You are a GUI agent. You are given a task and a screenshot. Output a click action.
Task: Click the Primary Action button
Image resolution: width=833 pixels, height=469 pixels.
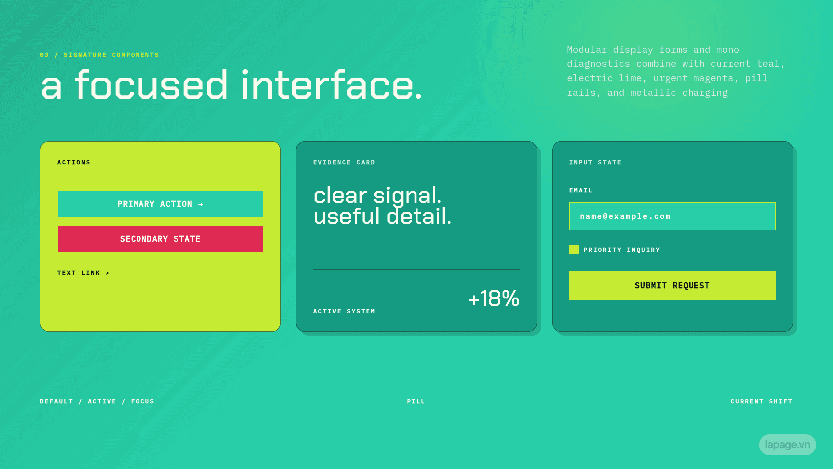tap(160, 204)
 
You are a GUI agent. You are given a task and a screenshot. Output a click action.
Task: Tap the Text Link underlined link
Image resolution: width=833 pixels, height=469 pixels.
tap(83, 273)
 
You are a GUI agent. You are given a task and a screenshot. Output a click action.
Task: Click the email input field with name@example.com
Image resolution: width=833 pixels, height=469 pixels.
tap(673, 216)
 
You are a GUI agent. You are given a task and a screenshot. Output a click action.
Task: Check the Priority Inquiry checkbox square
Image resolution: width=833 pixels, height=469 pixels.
tap(574, 250)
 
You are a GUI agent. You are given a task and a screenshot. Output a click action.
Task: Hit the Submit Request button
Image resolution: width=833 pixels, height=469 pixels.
tap(673, 285)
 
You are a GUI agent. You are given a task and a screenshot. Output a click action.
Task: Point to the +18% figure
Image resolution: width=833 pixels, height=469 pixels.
tap(494, 298)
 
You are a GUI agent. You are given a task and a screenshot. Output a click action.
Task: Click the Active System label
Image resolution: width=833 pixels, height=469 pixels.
tap(344, 311)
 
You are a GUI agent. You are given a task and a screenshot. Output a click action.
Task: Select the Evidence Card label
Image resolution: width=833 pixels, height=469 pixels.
tap(344, 162)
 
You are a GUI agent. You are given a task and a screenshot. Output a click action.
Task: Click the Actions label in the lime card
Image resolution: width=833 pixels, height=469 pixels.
tap(74, 162)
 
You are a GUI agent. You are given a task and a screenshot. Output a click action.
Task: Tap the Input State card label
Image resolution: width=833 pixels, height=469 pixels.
tap(595, 162)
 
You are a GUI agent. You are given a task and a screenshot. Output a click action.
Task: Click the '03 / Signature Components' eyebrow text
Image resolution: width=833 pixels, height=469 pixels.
tap(100, 55)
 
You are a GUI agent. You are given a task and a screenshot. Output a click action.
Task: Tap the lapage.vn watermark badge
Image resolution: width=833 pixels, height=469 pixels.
tap(787, 445)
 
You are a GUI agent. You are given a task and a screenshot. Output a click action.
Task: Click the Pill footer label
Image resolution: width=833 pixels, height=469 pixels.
tap(416, 401)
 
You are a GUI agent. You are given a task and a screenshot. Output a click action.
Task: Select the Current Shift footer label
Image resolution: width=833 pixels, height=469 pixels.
tap(762, 401)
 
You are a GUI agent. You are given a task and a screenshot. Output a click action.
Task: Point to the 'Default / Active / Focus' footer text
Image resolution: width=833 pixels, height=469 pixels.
tap(97, 401)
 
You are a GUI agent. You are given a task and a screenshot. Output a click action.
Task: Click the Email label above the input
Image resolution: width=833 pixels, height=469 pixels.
tap(581, 190)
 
